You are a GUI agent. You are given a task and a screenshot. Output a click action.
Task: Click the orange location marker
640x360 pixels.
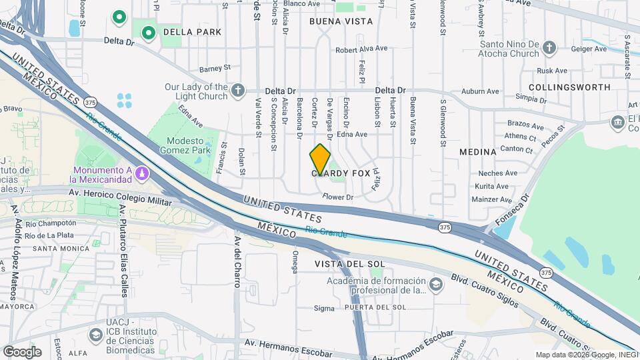(x=320, y=159)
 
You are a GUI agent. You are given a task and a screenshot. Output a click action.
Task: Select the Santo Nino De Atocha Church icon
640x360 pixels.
(x=548, y=48)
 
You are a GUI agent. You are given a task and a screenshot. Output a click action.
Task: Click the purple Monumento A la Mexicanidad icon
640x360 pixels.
(x=141, y=174)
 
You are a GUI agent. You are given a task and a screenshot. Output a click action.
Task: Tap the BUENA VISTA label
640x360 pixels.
(x=341, y=21)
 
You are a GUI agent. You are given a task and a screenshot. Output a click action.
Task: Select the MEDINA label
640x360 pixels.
(x=478, y=152)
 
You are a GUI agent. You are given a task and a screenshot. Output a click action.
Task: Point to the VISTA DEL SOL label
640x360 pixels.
(x=350, y=264)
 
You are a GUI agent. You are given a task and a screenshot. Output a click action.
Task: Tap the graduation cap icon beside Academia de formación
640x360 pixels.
(x=435, y=285)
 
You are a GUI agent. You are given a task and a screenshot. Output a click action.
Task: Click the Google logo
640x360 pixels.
(x=22, y=352)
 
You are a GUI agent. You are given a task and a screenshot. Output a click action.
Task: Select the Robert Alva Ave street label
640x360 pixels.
(x=361, y=49)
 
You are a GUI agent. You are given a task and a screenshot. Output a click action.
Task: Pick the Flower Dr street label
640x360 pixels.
(x=337, y=197)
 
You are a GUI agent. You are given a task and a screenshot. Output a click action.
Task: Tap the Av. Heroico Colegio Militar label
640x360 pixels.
(x=111, y=193)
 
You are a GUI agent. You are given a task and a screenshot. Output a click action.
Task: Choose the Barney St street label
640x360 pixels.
(x=214, y=68)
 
